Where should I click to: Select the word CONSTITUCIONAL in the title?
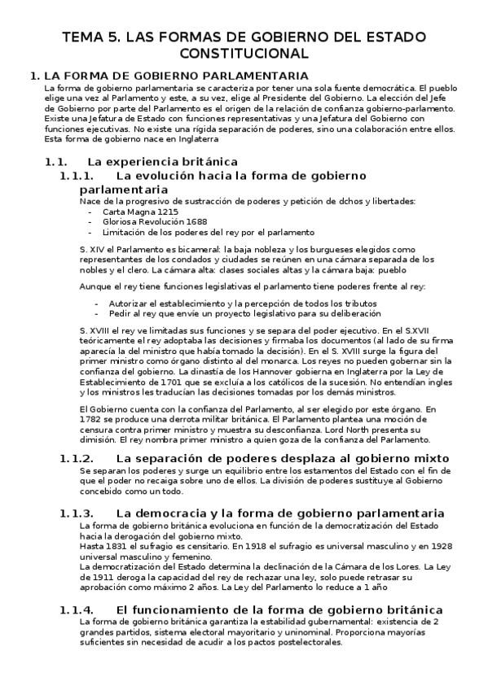pos(244,54)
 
